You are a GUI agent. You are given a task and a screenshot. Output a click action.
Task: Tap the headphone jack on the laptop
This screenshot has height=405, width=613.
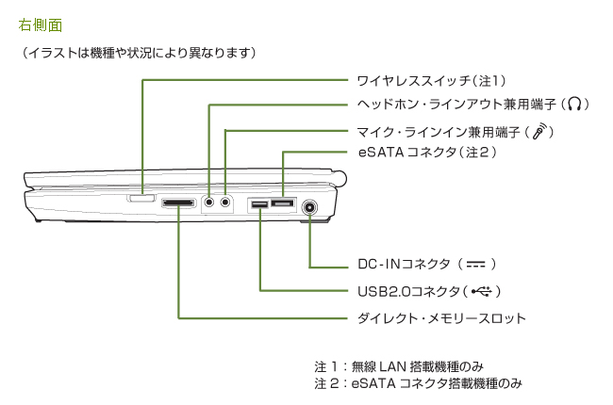point(209,202)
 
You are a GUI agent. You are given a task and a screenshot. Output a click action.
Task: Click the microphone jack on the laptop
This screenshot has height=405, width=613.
point(225,202)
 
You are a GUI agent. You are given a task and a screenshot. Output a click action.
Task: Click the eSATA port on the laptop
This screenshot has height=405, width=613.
point(282,202)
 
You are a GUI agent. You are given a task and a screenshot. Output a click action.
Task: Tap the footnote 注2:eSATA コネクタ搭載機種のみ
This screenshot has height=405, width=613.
point(418,384)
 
